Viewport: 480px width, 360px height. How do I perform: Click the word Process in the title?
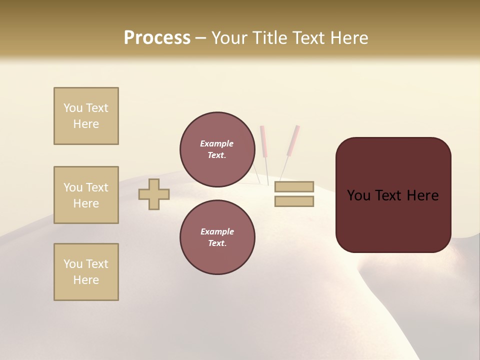[x=157, y=38]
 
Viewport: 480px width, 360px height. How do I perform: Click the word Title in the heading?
[x=270, y=38]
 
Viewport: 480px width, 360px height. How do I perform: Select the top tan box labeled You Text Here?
[x=86, y=116]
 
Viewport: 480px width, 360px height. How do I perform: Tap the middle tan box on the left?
[x=86, y=195]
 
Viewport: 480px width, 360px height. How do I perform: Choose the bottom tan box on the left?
[x=86, y=272]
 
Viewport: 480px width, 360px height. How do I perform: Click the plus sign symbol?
[x=154, y=194]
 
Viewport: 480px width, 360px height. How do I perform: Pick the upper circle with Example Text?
[x=217, y=149]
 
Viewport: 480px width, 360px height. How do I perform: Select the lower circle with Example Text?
[x=217, y=237]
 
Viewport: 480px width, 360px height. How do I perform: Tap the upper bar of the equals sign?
[x=294, y=186]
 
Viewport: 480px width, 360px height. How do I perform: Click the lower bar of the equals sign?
[x=294, y=201]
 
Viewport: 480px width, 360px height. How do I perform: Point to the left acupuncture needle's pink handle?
[x=263, y=140]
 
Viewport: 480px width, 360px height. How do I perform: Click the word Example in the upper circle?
[x=217, y=143]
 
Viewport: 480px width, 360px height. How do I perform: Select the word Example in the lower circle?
[x=217, y=231]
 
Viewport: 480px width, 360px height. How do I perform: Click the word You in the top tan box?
[x=72, y=108]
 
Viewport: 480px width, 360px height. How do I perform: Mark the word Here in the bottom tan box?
[x=86, y=280]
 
